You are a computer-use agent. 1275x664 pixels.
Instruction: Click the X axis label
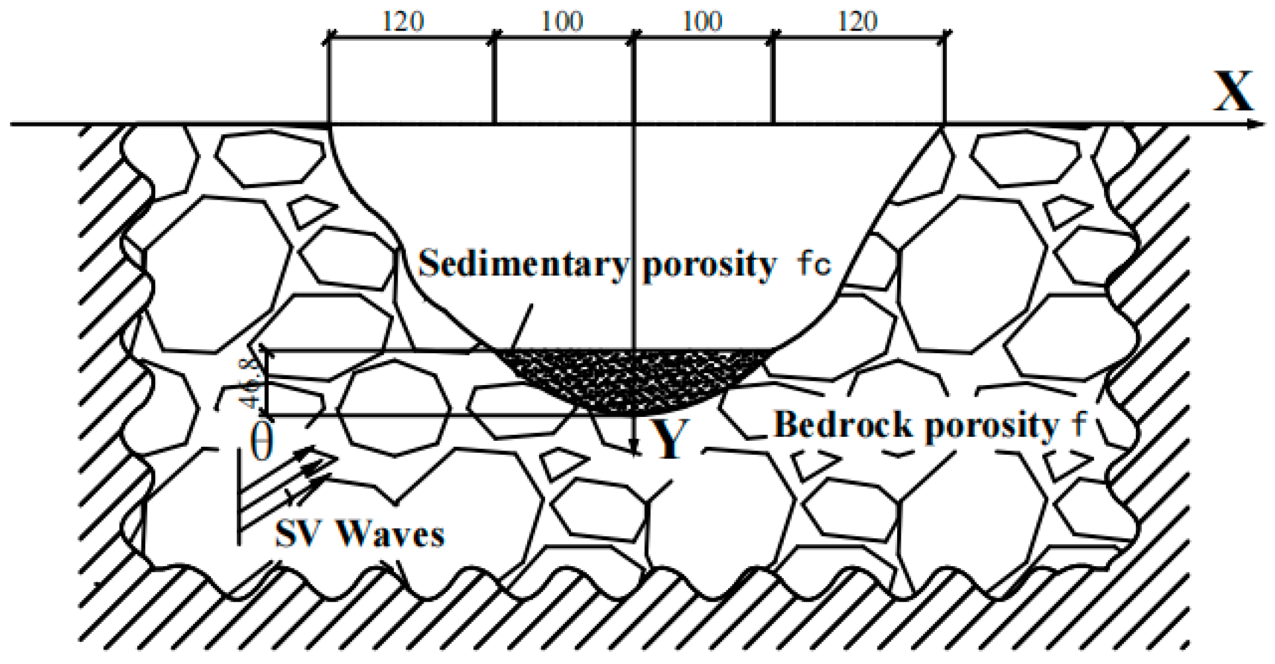pos(1233,91)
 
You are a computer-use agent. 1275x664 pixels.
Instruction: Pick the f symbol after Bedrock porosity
pos(1079,425)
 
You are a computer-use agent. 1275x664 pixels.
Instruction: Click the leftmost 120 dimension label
pos(403,22)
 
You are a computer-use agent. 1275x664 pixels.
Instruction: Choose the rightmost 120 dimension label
pos(858,22)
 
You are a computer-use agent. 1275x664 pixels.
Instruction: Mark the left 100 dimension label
pos(562,22)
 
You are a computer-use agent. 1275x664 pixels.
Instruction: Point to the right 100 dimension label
pos(702,22)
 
